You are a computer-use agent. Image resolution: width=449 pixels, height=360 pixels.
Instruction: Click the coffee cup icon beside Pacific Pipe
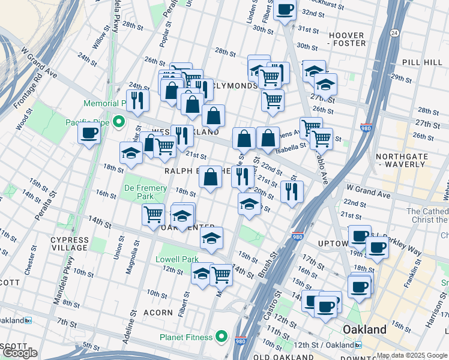[x=89, y=133]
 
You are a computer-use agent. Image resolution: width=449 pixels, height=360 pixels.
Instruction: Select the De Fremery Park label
[x=145, y=192]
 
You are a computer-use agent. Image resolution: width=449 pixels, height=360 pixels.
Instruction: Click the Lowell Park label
[x=177, y=260]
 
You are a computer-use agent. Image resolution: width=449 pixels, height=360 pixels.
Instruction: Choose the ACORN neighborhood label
[x=159, y=313]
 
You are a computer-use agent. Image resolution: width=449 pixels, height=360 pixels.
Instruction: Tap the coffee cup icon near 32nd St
[x=285, y=10]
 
